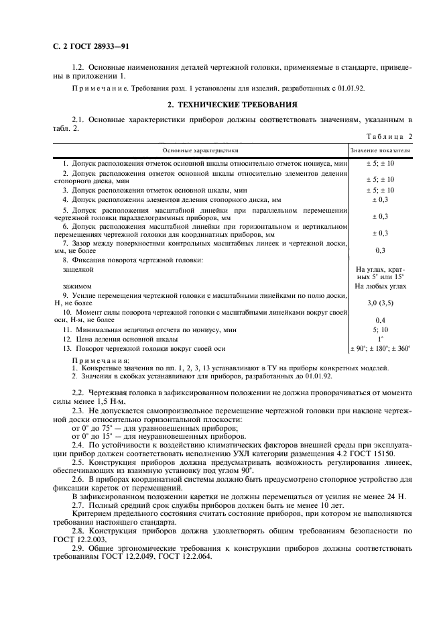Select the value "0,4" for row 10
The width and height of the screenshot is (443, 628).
point(380,320)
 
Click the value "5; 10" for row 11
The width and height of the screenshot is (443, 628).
point(380,329)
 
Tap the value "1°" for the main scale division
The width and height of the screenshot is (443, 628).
point(380,339)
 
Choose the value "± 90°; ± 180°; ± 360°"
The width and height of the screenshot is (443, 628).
point(381,348)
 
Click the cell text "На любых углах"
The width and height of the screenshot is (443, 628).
point(380,286)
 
